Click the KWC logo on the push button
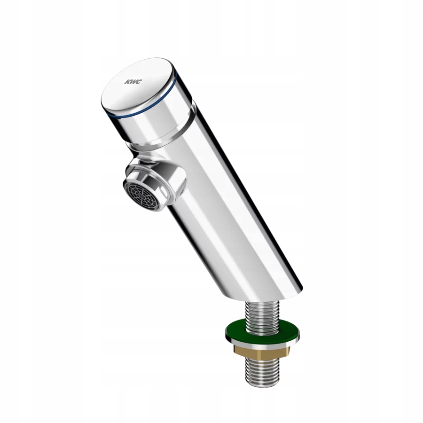(x=132, y=82)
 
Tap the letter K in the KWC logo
(x=127, y=82)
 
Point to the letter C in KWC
(x=138, y=81)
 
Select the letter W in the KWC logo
(x=132, y=82)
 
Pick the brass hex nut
(x=261, y=351)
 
